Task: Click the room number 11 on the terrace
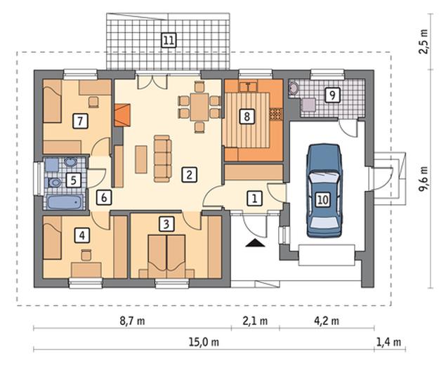(x=169, y=41)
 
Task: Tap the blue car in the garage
(x=324, y=190)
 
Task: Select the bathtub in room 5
(x=65, y=201)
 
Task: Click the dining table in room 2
(x=199, y=107)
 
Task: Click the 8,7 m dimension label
(x=132, y=321)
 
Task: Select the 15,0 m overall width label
(x=204, y=342)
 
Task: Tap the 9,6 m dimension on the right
(x=424, y=179)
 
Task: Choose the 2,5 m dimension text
(x=424, y=41)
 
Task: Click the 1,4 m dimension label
(x=389, y=342)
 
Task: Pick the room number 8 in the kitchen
(x=247, y=117)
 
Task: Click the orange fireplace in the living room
(x=122, y=115)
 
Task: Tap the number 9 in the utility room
(x=332, y=95)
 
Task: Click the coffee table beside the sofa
(x=141, y=159)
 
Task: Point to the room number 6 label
(x=103, y=197)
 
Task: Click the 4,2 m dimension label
(x=327, y=321)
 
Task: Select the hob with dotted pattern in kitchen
(x=275, y=114)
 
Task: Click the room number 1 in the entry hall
(x=254, y=198)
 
